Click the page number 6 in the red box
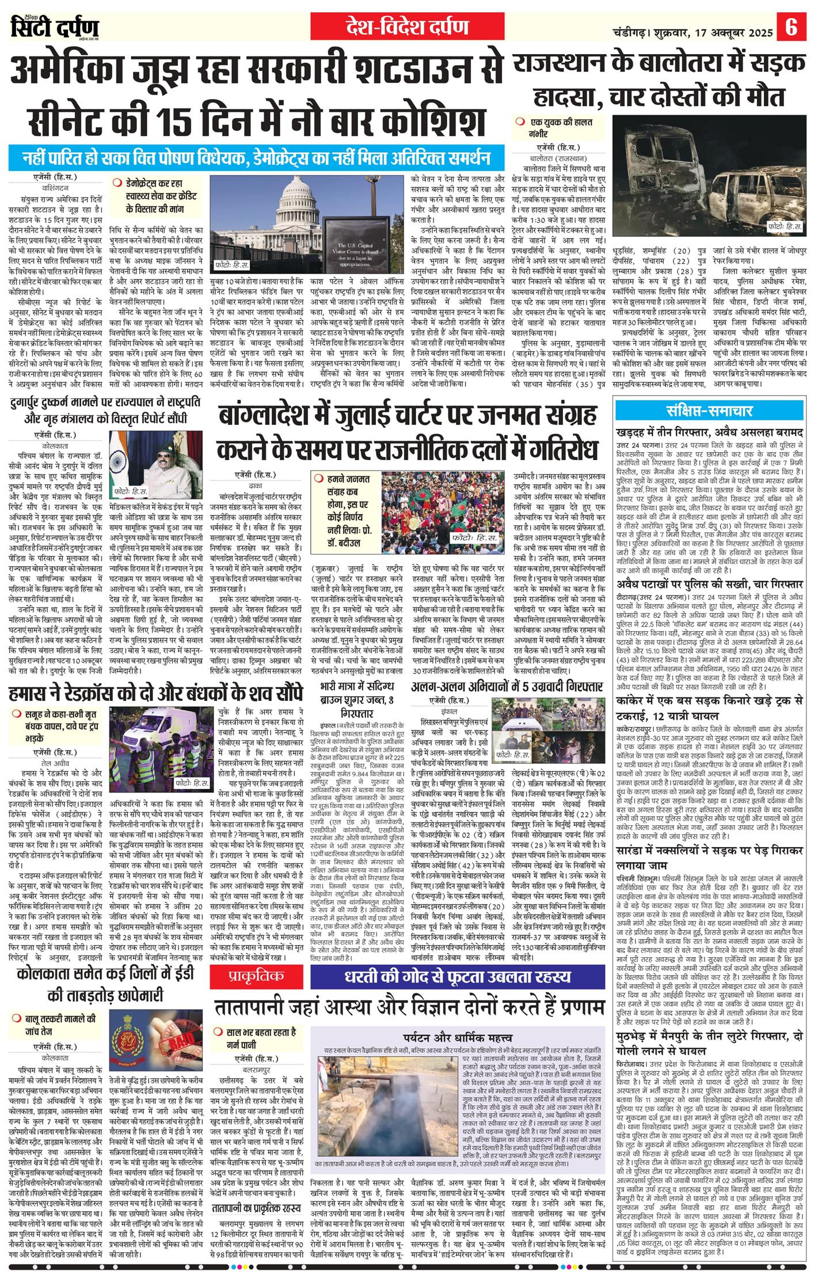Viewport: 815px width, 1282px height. click(x=791, y=27)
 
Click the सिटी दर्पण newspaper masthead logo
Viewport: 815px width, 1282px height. click(x=55, y=26)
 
